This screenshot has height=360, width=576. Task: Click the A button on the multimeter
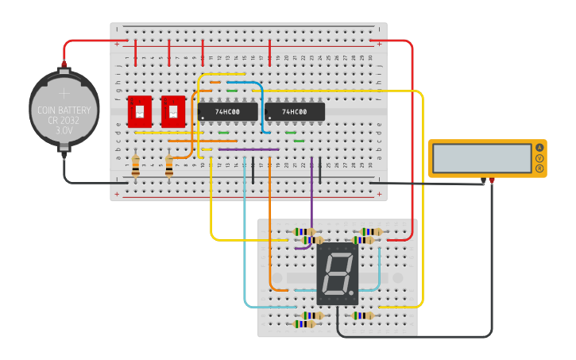click(540, 147)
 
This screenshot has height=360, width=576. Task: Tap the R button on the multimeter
click(540, 168)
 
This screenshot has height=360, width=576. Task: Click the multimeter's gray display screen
click(482, 158)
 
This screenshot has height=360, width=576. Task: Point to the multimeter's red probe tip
click(492, 182)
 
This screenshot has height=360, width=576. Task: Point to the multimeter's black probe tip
click(482, 182)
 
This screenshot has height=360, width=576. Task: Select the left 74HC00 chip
click(228, 112)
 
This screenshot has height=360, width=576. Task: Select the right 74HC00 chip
click(295, 112)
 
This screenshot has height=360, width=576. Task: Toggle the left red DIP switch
click(140, 112)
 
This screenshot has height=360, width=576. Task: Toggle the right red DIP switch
click(173, 112)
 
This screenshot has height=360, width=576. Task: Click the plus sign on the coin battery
click(64, 93)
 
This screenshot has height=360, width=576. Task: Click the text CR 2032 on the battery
click(64, 120)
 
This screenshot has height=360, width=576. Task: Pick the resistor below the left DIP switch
click(136, 166)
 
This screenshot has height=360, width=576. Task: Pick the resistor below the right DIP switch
click(169, 166)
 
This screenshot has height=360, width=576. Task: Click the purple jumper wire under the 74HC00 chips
click(248, 149)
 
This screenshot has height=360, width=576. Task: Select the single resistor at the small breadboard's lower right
click(362, 315)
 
